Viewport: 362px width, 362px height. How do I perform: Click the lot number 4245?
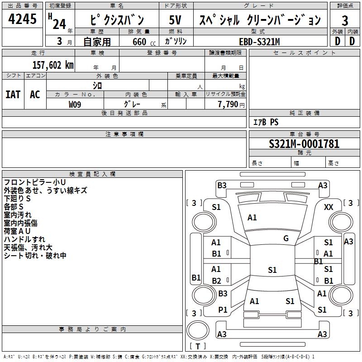(22, 19)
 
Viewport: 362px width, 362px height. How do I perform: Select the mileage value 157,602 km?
(52, 65)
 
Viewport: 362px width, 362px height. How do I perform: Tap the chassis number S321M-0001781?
(304, 144)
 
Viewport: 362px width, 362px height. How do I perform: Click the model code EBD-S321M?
(259, 42)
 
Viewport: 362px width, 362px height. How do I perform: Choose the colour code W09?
(75, 104)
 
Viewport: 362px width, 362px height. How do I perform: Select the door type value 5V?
(176, 20)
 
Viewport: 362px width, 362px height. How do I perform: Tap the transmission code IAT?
(13, 94)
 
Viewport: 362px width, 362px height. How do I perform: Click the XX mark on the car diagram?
(329, 207)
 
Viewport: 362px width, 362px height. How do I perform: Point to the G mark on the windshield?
(286, 238)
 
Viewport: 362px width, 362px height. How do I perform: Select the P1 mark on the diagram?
(223, 310)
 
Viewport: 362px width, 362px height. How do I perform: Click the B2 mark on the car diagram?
(216, 281)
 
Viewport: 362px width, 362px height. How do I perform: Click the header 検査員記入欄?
(92, 174)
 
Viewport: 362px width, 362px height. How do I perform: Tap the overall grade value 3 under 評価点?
(345, 20)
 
